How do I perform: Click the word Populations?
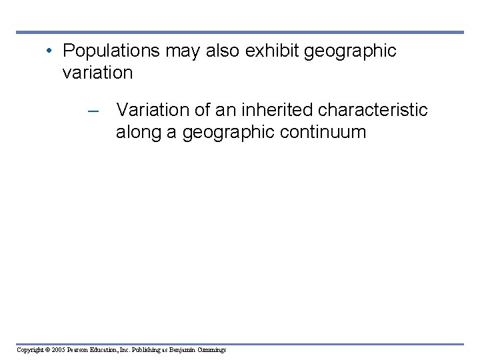[111, 51]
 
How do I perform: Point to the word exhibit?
[273, 51]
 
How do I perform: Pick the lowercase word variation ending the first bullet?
[97, 73]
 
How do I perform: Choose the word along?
[138, 132]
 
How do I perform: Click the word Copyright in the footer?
[30, 350]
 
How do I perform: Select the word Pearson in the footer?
[80, 350]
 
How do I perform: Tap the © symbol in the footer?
[47, 350]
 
